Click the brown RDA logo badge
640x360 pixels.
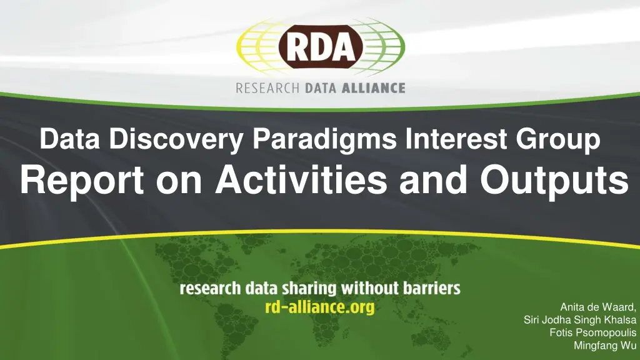(320, 47)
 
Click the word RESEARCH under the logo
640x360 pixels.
(267, 88)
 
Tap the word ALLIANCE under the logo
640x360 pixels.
(372, 88)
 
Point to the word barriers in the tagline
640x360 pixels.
(430, 289)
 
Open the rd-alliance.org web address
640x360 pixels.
(320, 307)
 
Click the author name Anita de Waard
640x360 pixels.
(598, 307)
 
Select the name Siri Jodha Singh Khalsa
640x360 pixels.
(580, 320)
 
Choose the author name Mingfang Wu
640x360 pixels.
(604, 346)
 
